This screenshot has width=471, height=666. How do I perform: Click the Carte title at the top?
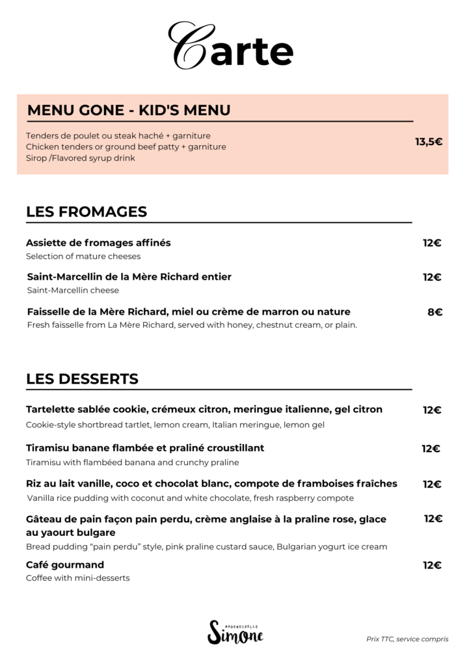pyautogui.click(x=231, y=47)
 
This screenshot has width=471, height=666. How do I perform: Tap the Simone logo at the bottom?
pyautogui.click(x=235, y=632)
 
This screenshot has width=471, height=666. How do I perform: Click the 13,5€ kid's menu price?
pyautogui.click(x=429, y=142)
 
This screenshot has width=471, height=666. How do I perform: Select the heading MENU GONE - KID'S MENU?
pyautogui.click(x=129, y=110)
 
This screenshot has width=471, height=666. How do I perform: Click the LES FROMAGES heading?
pyautogui.click(x=87, y=212)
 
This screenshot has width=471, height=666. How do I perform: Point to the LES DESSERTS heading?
pyautogui.click(x=82, y=379)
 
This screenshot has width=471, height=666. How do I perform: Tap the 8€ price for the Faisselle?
pyautogui.click(x=435, y=312)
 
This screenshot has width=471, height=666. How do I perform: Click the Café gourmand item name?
pyautogui.click(x=65, y=565)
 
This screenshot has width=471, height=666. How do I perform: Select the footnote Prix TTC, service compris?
pyautogui.click(x=407, y=639)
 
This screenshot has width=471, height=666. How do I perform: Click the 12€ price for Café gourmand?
pyautogui.click(x=432, y=565)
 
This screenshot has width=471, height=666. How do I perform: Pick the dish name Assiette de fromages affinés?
pyautogui.click(x=98, y=243)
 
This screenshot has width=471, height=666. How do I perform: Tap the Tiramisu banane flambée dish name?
pyautogui.click(x=145, y=448)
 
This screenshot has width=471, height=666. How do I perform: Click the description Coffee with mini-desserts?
pyautogui.click(x=77, y=578)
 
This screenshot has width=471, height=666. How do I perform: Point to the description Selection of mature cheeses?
pyautogui.click(x=83, y=256)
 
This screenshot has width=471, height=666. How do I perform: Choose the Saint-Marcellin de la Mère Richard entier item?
pyautogui.click(x=129, y=276)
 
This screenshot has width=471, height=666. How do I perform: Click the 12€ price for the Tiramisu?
pyautogui.click(x=431, y=449)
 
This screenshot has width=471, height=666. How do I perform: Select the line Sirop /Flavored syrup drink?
pyautogui.click(x=81, y=158)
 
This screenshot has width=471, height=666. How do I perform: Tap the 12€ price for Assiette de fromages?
pyautogui.click(x=432, y=243)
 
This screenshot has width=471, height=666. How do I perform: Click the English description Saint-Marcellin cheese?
pyautogui.click(x=73, y=290)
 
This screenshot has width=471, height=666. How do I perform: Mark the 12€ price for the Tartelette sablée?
pyautogui.click(x=432, y=410)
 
